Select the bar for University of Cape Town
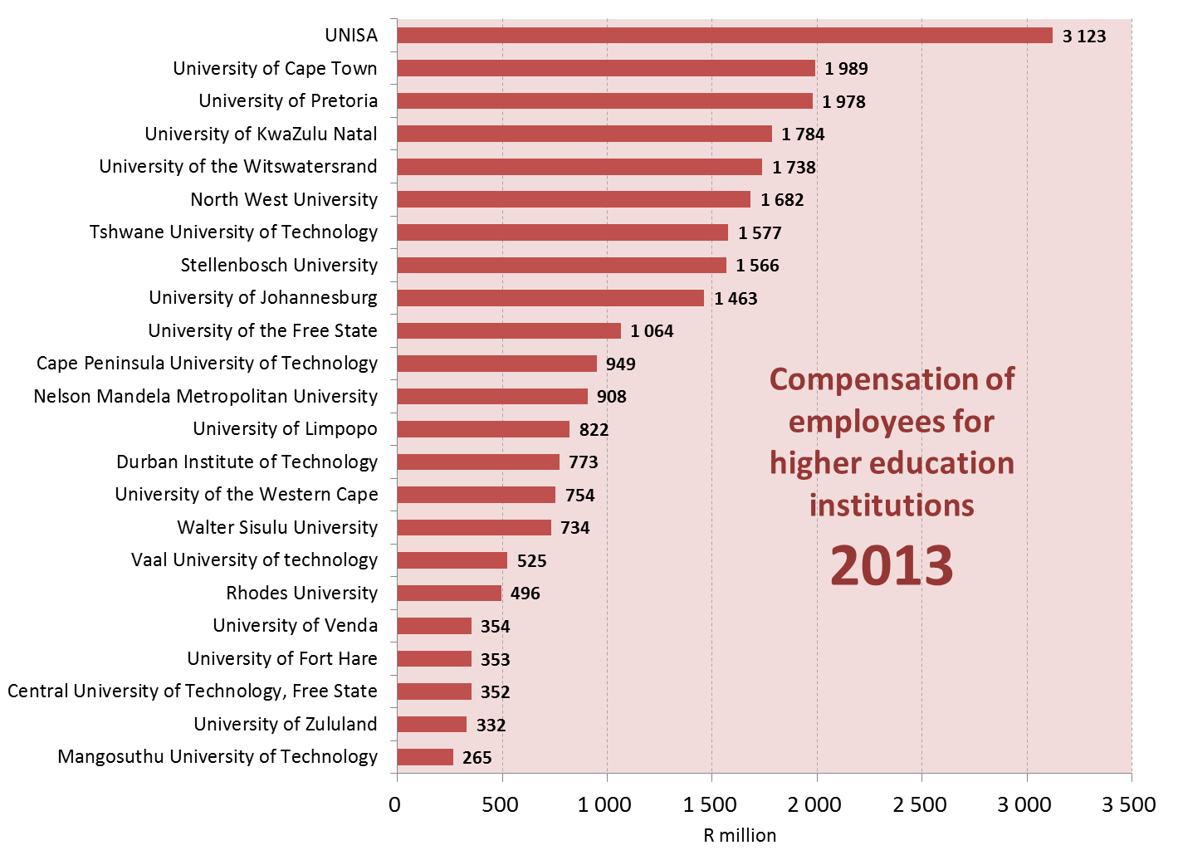pos(606,68)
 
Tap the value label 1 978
pos(843,101)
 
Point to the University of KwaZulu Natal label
pos(261,134)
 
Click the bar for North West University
pos(574,199)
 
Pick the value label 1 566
pos(757,266)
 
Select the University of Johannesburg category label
pos(263,297)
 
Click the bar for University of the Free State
pos(509,330)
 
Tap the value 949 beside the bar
pos(620,364)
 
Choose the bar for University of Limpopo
pos(483,429)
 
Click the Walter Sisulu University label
pos(277,527)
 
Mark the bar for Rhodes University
pos(449,593)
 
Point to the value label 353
pos(495,659)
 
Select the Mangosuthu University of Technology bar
pos(425,757)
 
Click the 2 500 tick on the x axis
pos(921,804)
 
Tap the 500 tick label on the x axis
pos(501,804)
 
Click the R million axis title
pos(740,835)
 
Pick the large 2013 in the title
pos(892,565)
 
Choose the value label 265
pos(477,758)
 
